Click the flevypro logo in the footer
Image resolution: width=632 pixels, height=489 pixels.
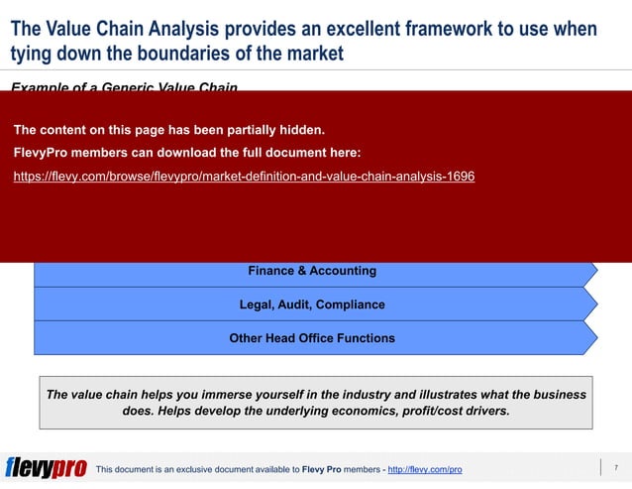click(46, 468)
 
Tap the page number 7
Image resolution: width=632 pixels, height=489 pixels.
click(615, 468)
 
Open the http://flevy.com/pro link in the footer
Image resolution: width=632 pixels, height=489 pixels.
click(424, 469)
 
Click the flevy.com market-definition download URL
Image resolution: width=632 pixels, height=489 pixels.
click(244, 177)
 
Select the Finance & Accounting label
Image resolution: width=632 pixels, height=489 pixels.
click(311, 271)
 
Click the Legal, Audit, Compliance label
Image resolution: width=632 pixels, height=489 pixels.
click(311, 305)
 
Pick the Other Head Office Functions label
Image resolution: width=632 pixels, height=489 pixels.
click(311, 338)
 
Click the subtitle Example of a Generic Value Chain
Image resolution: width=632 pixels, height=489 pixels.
click(124, 88)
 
